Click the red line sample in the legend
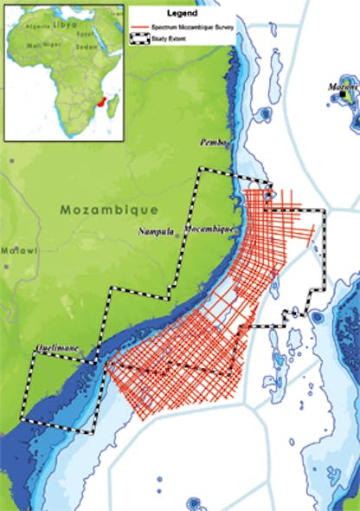142,29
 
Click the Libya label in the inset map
64,26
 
